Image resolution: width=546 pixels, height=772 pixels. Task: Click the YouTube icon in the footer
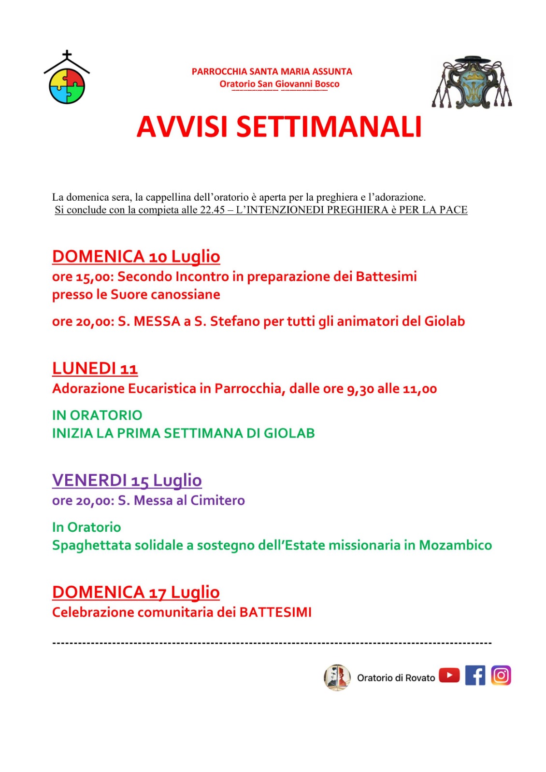(449, 675)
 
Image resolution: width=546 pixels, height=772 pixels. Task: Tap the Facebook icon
(475, 675)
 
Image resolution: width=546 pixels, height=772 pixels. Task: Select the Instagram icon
(501, 675)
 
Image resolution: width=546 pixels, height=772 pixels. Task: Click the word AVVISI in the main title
(182, 127)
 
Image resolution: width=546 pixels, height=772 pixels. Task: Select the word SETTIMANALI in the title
(329, 127)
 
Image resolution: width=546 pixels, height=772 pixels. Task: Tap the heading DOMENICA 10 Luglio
(136, 256)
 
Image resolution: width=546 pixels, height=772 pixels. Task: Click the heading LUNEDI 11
(95, 368)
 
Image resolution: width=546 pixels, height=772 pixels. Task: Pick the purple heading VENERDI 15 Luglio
(127, 480)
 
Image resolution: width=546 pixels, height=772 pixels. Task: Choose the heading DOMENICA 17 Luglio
(136, 592)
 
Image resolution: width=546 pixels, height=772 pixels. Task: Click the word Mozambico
(455, 545)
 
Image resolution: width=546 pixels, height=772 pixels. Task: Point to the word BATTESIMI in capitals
(275, 612)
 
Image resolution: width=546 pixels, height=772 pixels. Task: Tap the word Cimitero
(217, 500)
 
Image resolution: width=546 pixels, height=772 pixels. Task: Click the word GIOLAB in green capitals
(289, 433)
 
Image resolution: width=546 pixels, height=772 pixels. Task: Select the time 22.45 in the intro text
(212, 210)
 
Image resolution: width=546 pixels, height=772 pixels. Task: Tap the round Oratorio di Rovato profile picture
(337, 677)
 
